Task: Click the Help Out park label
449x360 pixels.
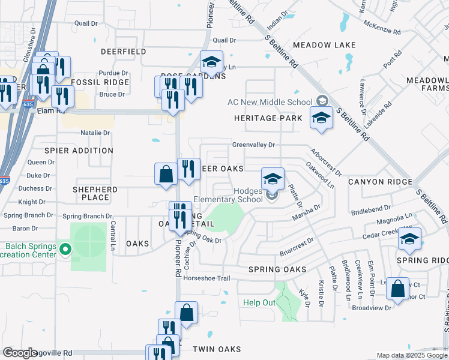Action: pyautogui.click(x=259, y=302)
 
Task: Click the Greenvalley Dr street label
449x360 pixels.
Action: pyautogui.click(x=253, y=145)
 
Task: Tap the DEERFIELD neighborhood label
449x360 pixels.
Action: pyautogui.click(x=124, y=52)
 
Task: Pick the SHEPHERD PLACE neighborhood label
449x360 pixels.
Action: pyautogui.click(x=95, y=193)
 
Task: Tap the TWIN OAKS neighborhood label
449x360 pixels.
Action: pyautogui.click(x=217, y=349)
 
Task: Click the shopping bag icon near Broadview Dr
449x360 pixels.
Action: pyautogui.click(x=397, y=288)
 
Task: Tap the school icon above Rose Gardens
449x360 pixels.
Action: pyautogui.click(x=211, y=61)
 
